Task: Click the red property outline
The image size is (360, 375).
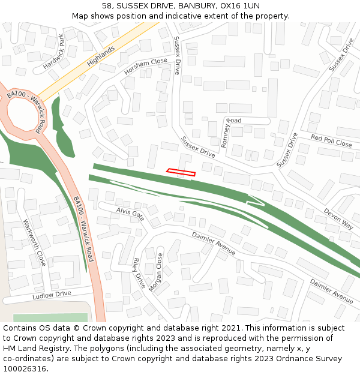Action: click(x=181, y=173)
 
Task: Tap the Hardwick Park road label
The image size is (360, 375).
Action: click(x=54, y=50)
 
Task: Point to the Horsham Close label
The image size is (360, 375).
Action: click(x=146, y=66)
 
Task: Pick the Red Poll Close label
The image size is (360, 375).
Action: click(x=331, y=141)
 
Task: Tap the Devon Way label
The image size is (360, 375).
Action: click(x=338, y=218)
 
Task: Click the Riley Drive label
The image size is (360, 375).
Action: click(x=139, y=273)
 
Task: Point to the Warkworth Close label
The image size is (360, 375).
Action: click(x=34, y=243)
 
